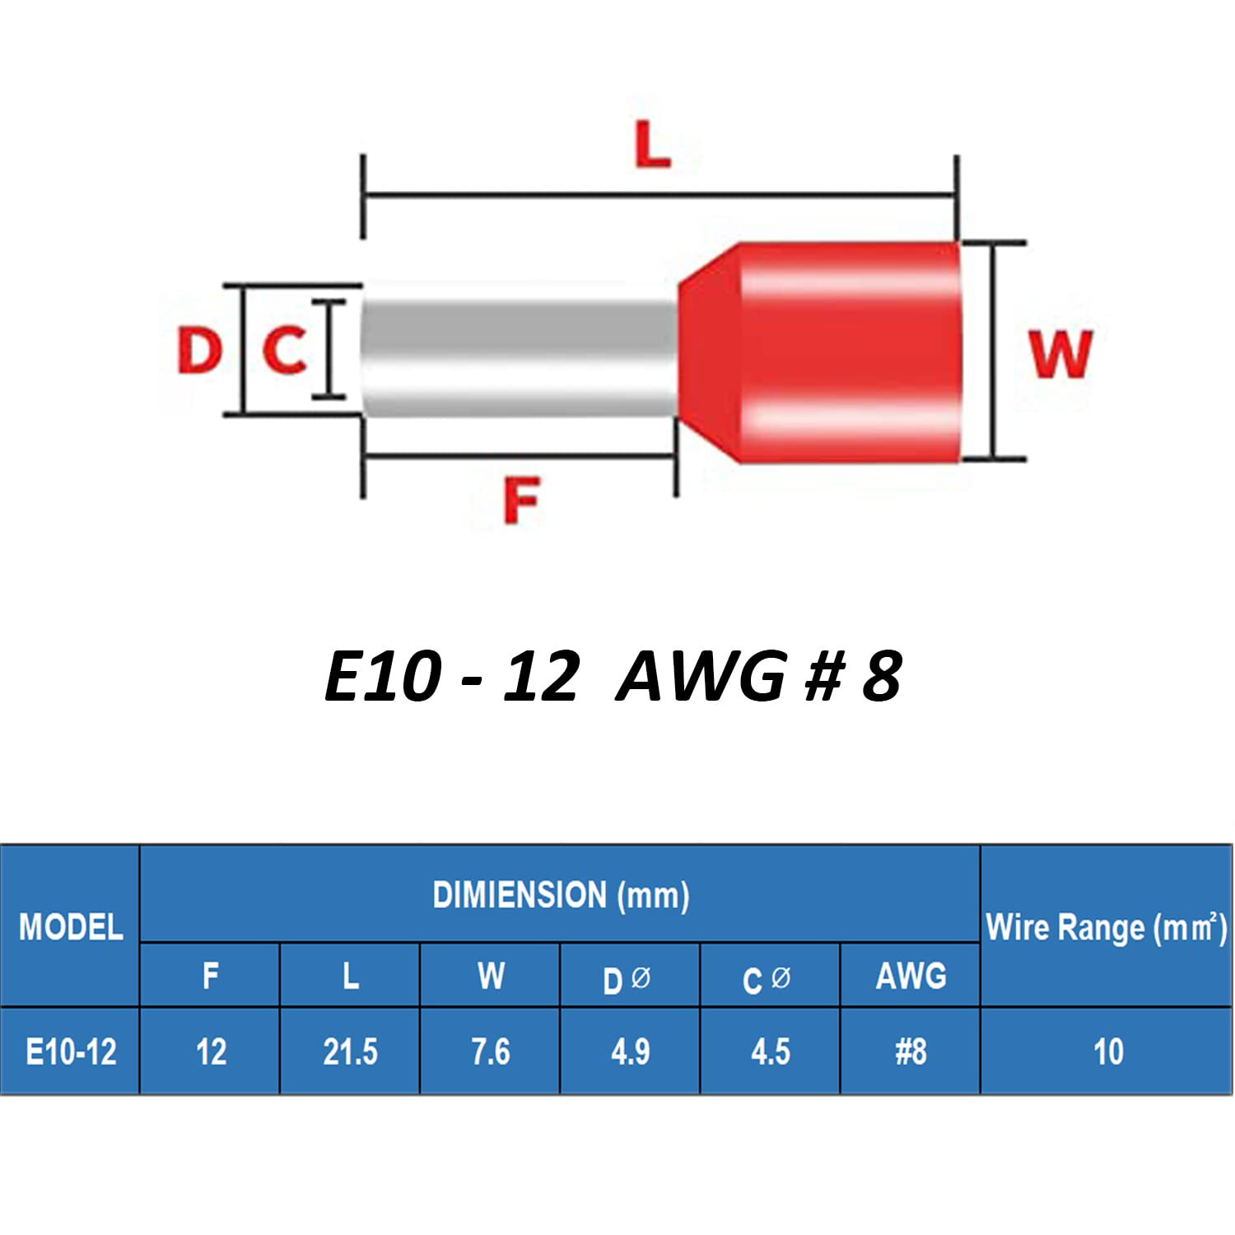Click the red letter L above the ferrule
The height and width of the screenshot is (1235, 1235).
tap(653, 146)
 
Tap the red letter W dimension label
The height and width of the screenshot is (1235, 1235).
tap(1060, 354)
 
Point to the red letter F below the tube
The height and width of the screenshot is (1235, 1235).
tap(521, 500)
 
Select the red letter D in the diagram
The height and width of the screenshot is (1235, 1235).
tap(200, 350)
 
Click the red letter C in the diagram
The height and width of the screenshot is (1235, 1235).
tap(285, 350)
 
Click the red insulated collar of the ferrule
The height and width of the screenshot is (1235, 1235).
tap(823, 352)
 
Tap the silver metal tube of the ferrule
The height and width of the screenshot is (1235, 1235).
tap(519, 358)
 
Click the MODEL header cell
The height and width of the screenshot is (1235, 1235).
tap(71, 927)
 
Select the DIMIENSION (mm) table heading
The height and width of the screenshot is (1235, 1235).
tap(561, 895)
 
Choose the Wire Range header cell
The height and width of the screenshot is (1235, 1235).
tap(1106, 927)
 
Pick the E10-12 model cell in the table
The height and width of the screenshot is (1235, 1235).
tap(71, 1052)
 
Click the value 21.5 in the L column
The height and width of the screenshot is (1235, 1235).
tap(350, 1052)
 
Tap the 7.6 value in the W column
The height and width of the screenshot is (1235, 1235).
tap(491, 1052)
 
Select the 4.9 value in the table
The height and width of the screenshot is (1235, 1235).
tap(631, 1052)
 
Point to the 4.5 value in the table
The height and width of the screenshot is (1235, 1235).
tap(771, 1052)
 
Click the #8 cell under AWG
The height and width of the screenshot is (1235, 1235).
tap(911, 1052)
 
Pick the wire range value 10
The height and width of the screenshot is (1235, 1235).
tap(1108, 1052)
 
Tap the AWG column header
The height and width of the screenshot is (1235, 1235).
tap(911, 976)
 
